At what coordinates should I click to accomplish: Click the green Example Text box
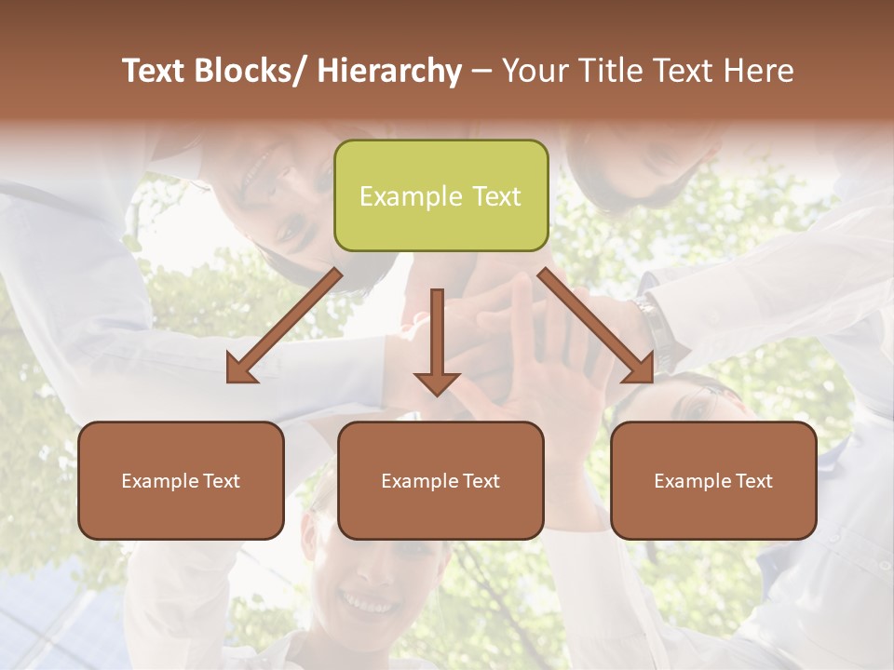point(440,195)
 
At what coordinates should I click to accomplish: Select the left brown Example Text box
point(181,480)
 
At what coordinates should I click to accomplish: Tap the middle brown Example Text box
point(440,480)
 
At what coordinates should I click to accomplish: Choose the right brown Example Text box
point(713,480)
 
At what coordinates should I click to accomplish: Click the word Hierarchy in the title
point(389,71)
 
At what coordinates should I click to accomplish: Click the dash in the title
point(481,71)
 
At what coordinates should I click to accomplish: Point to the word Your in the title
point(535,71)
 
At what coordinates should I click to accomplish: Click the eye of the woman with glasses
point(696,407)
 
